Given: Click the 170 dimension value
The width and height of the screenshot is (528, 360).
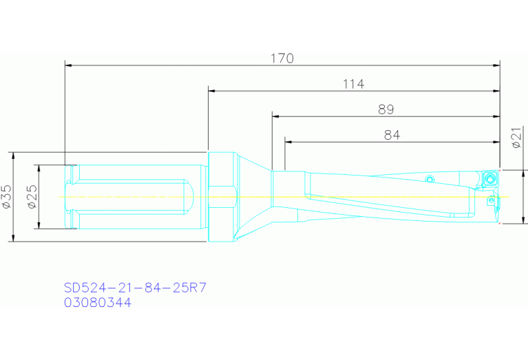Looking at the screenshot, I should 282,59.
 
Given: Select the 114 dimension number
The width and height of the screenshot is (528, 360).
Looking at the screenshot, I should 353,84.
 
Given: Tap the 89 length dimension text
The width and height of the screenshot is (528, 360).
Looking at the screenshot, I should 386,109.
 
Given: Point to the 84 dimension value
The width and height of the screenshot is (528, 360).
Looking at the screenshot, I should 392,136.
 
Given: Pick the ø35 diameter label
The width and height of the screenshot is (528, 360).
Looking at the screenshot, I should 6,196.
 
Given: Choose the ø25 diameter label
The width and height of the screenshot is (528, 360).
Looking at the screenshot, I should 31,196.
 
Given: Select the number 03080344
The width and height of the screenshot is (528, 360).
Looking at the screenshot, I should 97,302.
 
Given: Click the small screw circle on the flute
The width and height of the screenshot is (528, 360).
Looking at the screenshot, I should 430,180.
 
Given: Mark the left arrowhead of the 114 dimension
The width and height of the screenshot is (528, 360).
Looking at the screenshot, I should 211,91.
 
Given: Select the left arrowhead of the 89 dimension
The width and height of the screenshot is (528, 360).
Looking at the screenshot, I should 275,116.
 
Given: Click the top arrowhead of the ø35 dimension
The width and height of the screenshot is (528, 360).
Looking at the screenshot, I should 14,155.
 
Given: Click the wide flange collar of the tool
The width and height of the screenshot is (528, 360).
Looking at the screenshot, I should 221,197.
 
